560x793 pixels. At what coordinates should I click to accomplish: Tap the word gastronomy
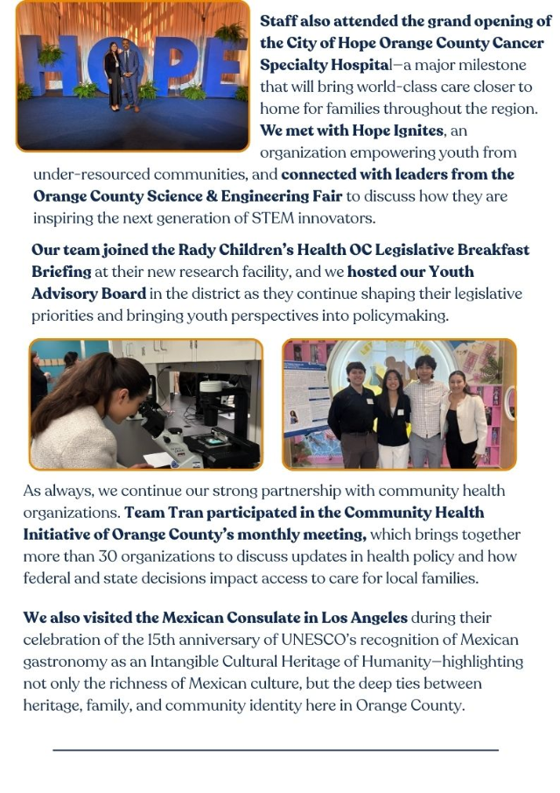point(62,662)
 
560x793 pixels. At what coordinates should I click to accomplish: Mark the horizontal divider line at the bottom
point(276,750)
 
